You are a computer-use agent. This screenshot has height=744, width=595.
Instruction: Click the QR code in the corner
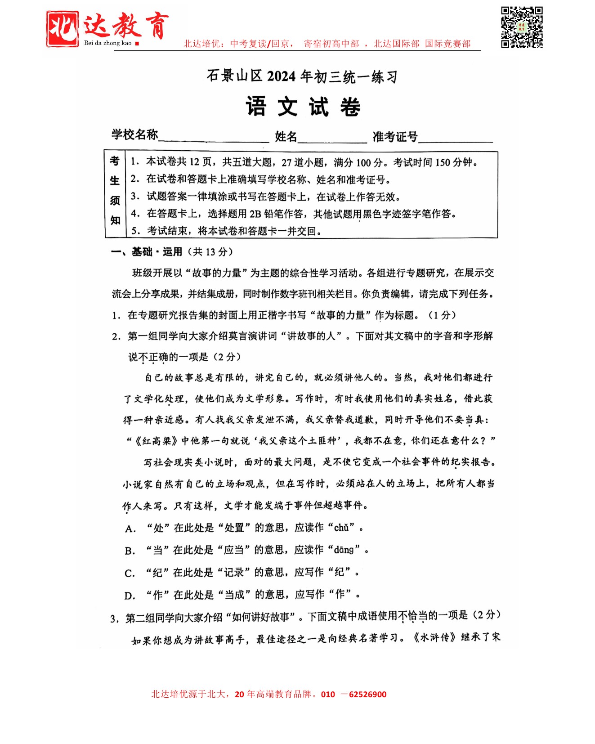(x=522, y=27)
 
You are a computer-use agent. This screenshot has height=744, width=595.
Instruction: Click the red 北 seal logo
(x=62, y=29)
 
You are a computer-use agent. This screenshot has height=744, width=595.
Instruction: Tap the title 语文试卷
(x=303, y=107)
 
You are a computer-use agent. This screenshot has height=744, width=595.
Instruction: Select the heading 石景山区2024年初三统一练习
(x=302, y=76)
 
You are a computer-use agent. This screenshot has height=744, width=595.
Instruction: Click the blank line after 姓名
(x=332, y=137)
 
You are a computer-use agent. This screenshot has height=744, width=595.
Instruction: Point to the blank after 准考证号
(x=455, y=137)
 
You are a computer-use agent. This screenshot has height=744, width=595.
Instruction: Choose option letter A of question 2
(x=130, y=529)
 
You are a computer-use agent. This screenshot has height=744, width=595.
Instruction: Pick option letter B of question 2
(x=130, y=551)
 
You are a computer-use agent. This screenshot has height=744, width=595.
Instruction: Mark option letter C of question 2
(x=130, y=574)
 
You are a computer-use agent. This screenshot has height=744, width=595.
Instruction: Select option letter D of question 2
(x=130, y=596)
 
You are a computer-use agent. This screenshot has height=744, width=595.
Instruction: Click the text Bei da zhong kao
(x=108, y=43)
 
